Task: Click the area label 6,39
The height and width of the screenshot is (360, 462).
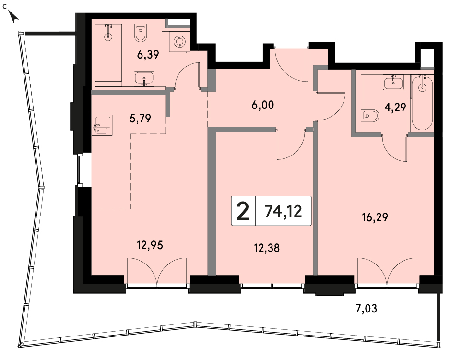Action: point(148,55)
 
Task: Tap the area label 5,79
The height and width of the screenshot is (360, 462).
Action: point(140,118)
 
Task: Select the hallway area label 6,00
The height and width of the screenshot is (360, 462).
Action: point(263,105)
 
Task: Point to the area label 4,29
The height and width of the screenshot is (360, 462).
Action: point(395,107)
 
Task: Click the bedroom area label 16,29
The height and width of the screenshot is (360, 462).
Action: point(375,217)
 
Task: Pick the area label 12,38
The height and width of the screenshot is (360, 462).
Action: point(267,248)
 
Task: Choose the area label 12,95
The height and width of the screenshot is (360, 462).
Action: point(150,245)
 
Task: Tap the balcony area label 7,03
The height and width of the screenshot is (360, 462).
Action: point(366,309)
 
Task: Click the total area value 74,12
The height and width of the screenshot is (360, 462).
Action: point(284,211)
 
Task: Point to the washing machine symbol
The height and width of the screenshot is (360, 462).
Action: point(178,42)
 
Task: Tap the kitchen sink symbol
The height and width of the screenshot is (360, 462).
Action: point(102,125)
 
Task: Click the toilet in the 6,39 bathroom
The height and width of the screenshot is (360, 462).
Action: point(141,33)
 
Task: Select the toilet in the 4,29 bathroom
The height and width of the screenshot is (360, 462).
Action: point(370,116)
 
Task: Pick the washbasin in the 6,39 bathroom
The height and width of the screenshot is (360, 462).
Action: point(144,78)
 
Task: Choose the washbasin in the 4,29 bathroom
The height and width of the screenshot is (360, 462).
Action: point(393,82)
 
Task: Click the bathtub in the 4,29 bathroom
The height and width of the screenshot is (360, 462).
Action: point(422,102)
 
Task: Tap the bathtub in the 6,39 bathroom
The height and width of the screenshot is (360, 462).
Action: point(108,52)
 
